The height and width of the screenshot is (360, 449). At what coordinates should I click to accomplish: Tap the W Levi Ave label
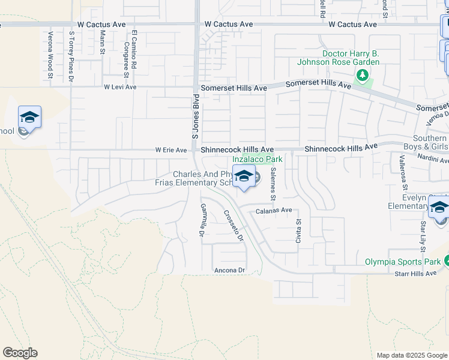(x=121, y=87)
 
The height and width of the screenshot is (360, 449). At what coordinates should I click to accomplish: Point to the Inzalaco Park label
(x=257, y=160)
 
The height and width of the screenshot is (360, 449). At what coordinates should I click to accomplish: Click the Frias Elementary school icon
(x=244, y=176)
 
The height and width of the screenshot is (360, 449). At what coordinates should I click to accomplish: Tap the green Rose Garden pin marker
(x=362, y=76)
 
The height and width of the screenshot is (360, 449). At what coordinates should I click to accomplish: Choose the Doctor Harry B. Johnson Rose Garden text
(x=351, y=58)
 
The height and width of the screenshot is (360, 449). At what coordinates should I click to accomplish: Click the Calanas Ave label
(x=274, y=211)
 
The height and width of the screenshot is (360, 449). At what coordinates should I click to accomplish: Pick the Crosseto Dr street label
(x=233, y=226)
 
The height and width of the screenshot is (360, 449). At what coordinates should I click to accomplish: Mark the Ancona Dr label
(x=231, y=271)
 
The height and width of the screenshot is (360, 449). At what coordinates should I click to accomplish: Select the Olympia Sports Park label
(x=403, y=262)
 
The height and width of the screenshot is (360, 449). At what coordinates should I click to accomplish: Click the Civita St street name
(x=298, y=229)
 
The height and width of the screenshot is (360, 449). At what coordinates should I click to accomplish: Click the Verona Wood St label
(x=50, y=55)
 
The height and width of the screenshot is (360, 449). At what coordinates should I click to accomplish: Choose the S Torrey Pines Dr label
(x=71, y=56)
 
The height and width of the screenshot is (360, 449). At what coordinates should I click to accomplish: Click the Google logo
(x=20, y=353)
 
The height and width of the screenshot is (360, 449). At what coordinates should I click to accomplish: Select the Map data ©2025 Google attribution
(x=411, y=355)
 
